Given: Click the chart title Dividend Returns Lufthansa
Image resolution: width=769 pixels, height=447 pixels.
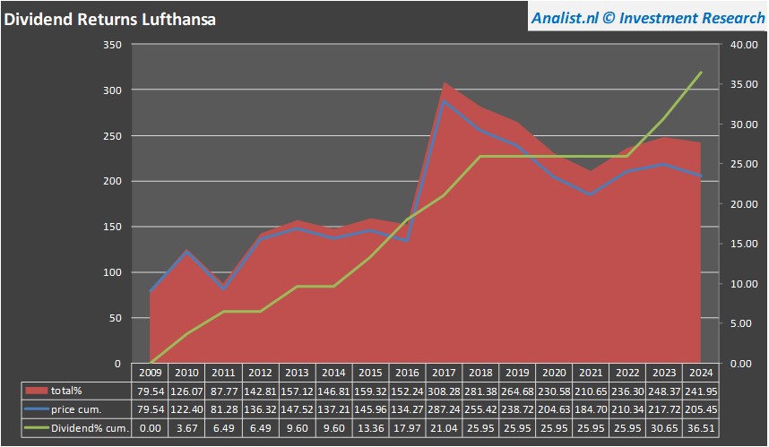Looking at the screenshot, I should [110, 18].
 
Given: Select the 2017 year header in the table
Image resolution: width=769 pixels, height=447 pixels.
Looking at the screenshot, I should [445, 372].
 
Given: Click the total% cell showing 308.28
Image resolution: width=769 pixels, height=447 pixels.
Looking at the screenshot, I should [445, 391].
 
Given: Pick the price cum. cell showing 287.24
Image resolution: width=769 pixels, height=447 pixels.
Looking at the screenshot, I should [445, 409].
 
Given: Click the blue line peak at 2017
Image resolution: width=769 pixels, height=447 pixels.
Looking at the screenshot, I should [445, 101].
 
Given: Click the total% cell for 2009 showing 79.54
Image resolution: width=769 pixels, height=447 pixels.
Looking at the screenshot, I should [151, 391].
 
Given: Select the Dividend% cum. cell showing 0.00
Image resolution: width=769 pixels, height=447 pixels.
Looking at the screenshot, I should [151, 428].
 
